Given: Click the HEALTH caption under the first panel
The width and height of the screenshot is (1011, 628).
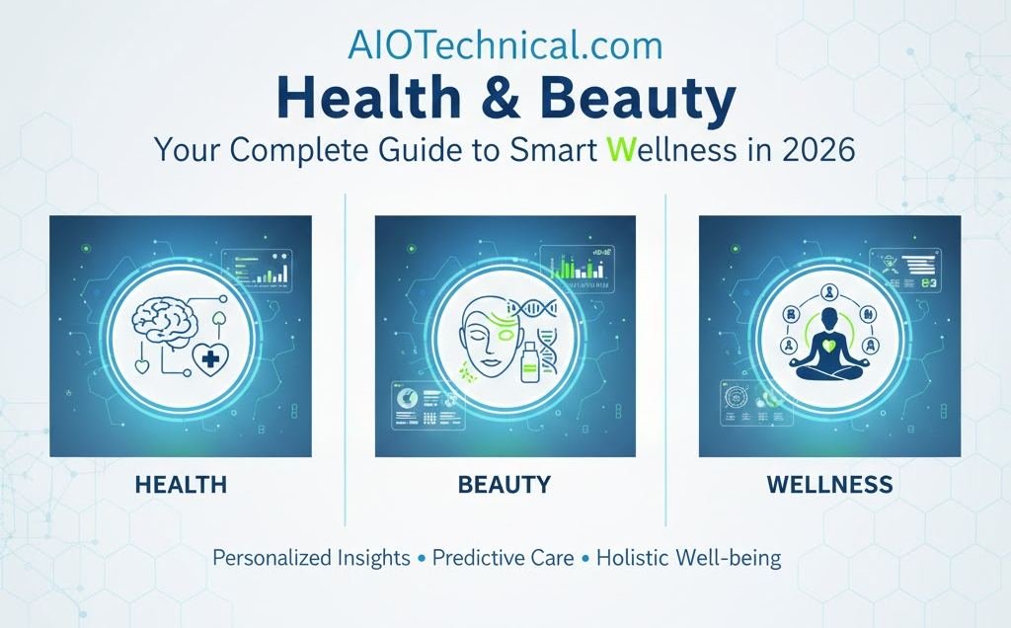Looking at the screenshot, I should pos(181,485).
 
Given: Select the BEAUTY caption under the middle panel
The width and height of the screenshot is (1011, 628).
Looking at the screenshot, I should pos(504,485).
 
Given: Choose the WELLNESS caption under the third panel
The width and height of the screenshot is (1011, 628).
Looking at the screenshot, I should pos(828,485).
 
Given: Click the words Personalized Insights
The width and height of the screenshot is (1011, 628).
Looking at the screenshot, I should pos(311,558).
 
